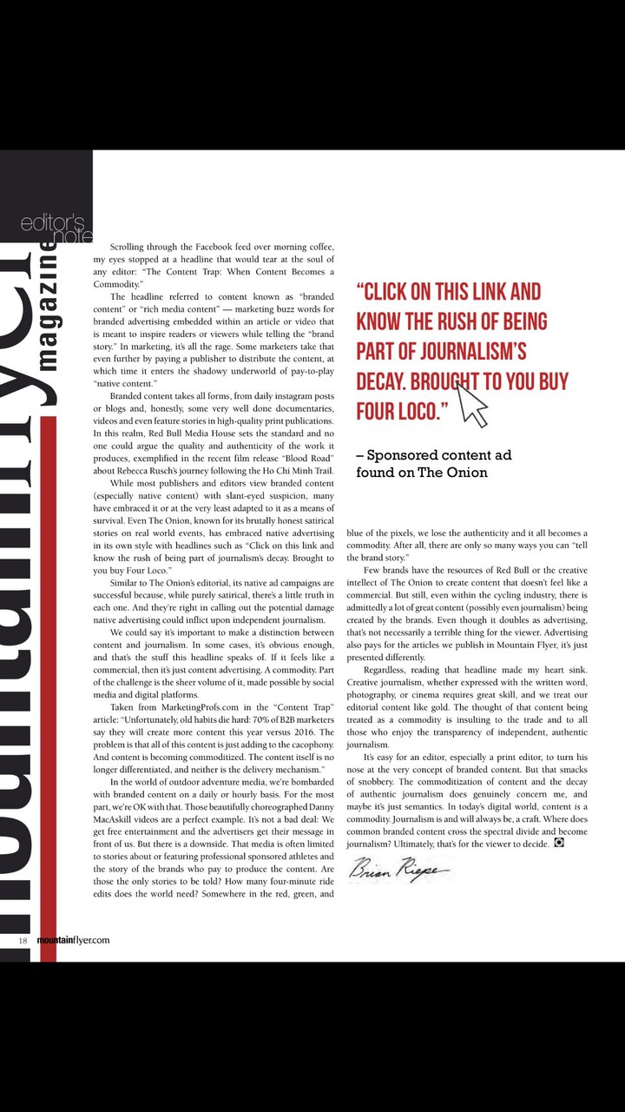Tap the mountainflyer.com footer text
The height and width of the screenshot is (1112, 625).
[73, 940]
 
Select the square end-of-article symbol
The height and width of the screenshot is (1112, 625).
[559, 843]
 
